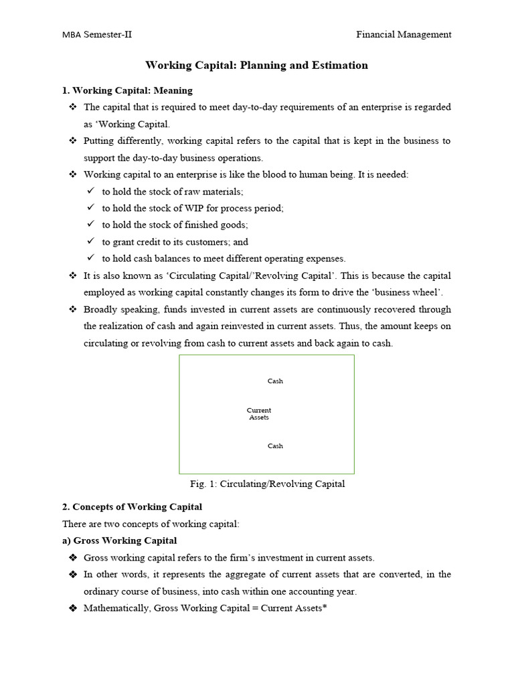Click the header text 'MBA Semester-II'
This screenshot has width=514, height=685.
pyautogui.click(x=96, y=35)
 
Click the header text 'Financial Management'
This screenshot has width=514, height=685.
pyautogui.click(x=403, y=35)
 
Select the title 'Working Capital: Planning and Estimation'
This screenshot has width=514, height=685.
pyautogui.click(x=257, y=66)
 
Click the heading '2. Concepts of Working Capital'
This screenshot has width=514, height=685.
pyautogui.click(x=132, y=507)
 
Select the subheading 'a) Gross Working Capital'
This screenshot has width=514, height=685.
pyautogui.click(x=120, y=541)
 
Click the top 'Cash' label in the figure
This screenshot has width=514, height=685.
pyautogui.click(x=275, y=381)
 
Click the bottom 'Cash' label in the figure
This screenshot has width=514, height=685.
pyautogui.click(x=275, y=446)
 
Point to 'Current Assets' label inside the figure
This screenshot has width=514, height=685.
pyautogui.click(x=259, y=414)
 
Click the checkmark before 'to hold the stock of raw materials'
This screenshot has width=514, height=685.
pyautogui.click(x=91, y=191)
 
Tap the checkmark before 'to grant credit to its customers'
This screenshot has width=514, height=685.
pyautogui.click(x=91, y=242)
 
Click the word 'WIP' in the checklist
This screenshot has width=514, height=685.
pyautogui.click(x=185, y=208)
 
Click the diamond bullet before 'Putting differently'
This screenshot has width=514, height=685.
pyautogui.click(x=73, y=141)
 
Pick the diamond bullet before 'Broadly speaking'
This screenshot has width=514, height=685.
pyautogui.click(x=73, y=310)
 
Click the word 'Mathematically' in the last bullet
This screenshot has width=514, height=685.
pyautogui.click(x=116, y=608)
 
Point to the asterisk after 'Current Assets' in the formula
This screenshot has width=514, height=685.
pyautogui.click(x=325, y=607)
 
